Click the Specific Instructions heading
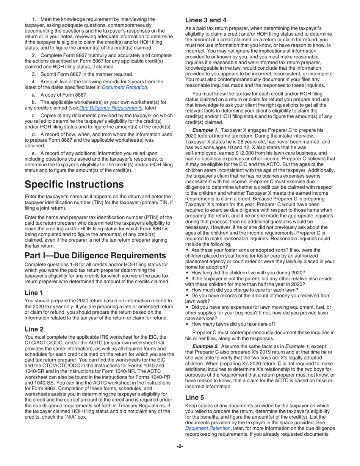click(74, 185)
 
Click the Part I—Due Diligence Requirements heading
click(95, 255)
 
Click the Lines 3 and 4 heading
click(206, 20)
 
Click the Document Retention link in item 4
click(124, 88)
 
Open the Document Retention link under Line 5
click(208, 428)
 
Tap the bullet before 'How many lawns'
click(187, 324)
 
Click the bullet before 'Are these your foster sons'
click(187, 250)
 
